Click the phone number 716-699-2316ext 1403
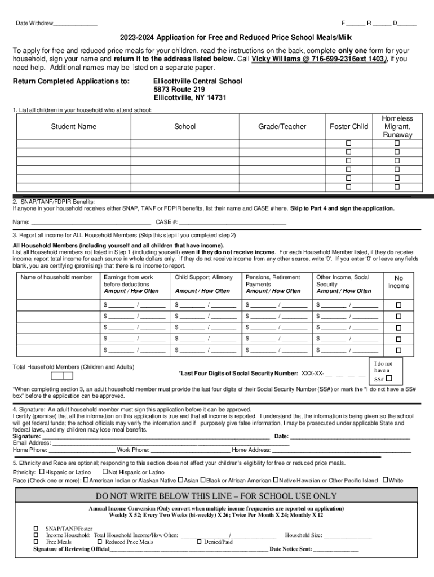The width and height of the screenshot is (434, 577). tap(318, 59)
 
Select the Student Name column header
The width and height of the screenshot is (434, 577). tap(73, 127)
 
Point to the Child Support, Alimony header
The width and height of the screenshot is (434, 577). tap(203, 278)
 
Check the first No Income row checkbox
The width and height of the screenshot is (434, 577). tap(398, 305)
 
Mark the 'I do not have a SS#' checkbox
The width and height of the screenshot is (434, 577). tap(389, 379)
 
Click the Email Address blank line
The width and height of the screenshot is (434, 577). tap(169, 443)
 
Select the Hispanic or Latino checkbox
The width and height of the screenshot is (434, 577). tap(42, 472)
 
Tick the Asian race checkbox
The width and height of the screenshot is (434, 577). tap(180, 480)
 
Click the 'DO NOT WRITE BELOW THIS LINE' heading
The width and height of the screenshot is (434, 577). tap(216, 496)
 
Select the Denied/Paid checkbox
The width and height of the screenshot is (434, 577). tap(200, 542)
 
